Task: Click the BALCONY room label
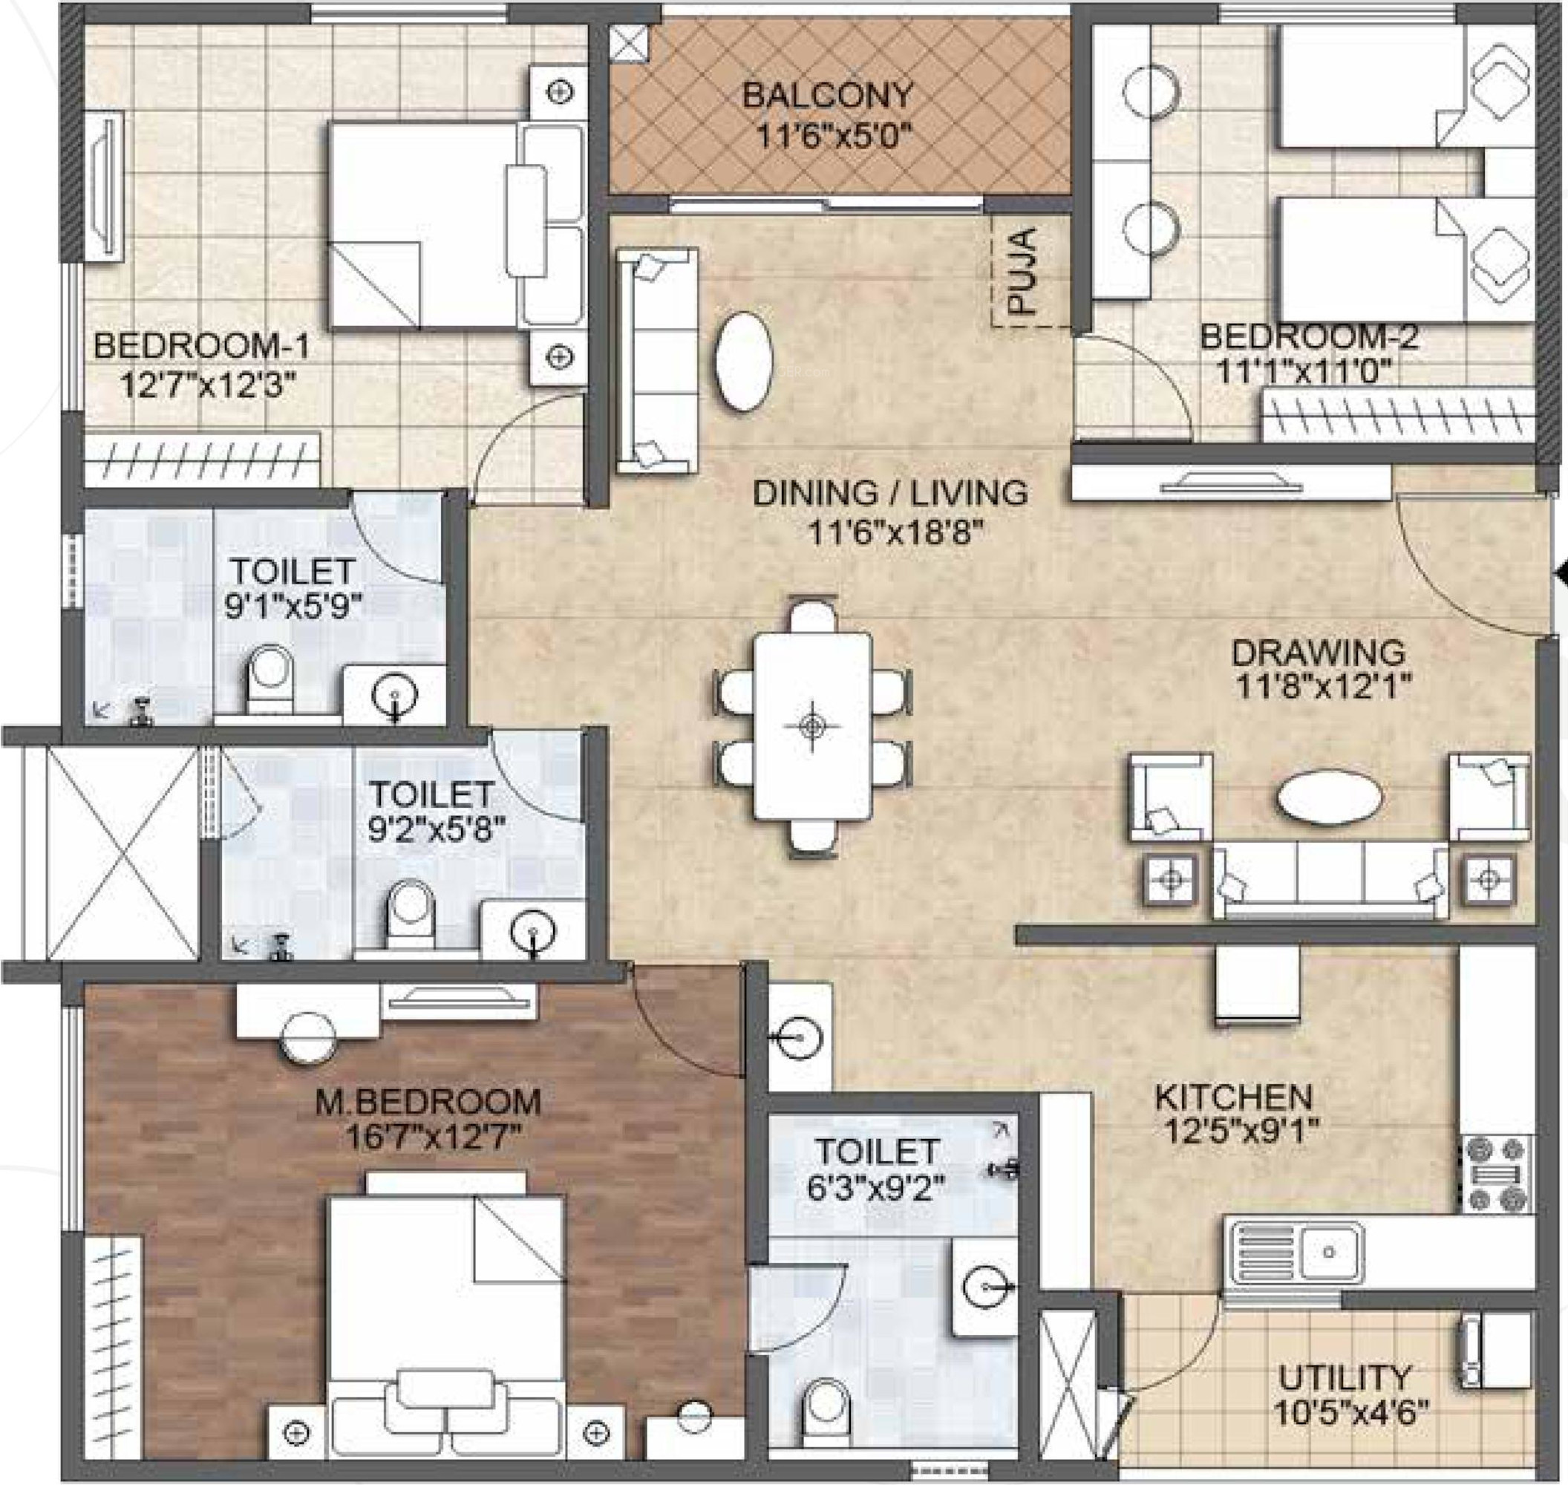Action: click(827, 96)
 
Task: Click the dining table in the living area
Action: click(812, 725)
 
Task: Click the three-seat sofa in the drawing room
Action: click(1330, 881)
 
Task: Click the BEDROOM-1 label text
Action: click(202, 346)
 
